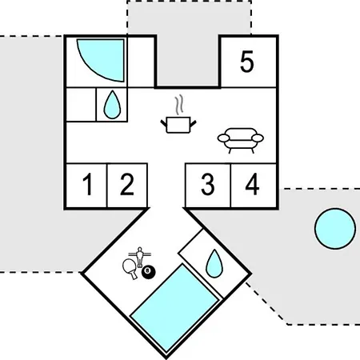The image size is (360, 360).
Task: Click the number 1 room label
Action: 87,184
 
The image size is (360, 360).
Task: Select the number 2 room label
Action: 127,184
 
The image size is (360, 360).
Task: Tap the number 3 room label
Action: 208,184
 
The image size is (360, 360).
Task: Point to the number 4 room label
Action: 252,184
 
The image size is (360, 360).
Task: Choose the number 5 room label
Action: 246,62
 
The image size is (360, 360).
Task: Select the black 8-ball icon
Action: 149,272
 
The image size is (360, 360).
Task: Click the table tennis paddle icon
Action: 130,268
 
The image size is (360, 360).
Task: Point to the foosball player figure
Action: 139,257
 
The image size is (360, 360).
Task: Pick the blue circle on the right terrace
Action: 335,229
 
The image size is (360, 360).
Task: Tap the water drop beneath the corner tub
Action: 112,105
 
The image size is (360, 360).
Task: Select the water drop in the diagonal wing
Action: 214,263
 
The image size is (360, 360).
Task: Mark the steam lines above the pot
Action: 179,105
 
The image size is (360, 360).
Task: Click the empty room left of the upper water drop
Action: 81,105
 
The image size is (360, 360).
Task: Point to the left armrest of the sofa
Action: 223,138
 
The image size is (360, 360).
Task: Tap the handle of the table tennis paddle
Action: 134,275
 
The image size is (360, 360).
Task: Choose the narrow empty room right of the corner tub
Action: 141,62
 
